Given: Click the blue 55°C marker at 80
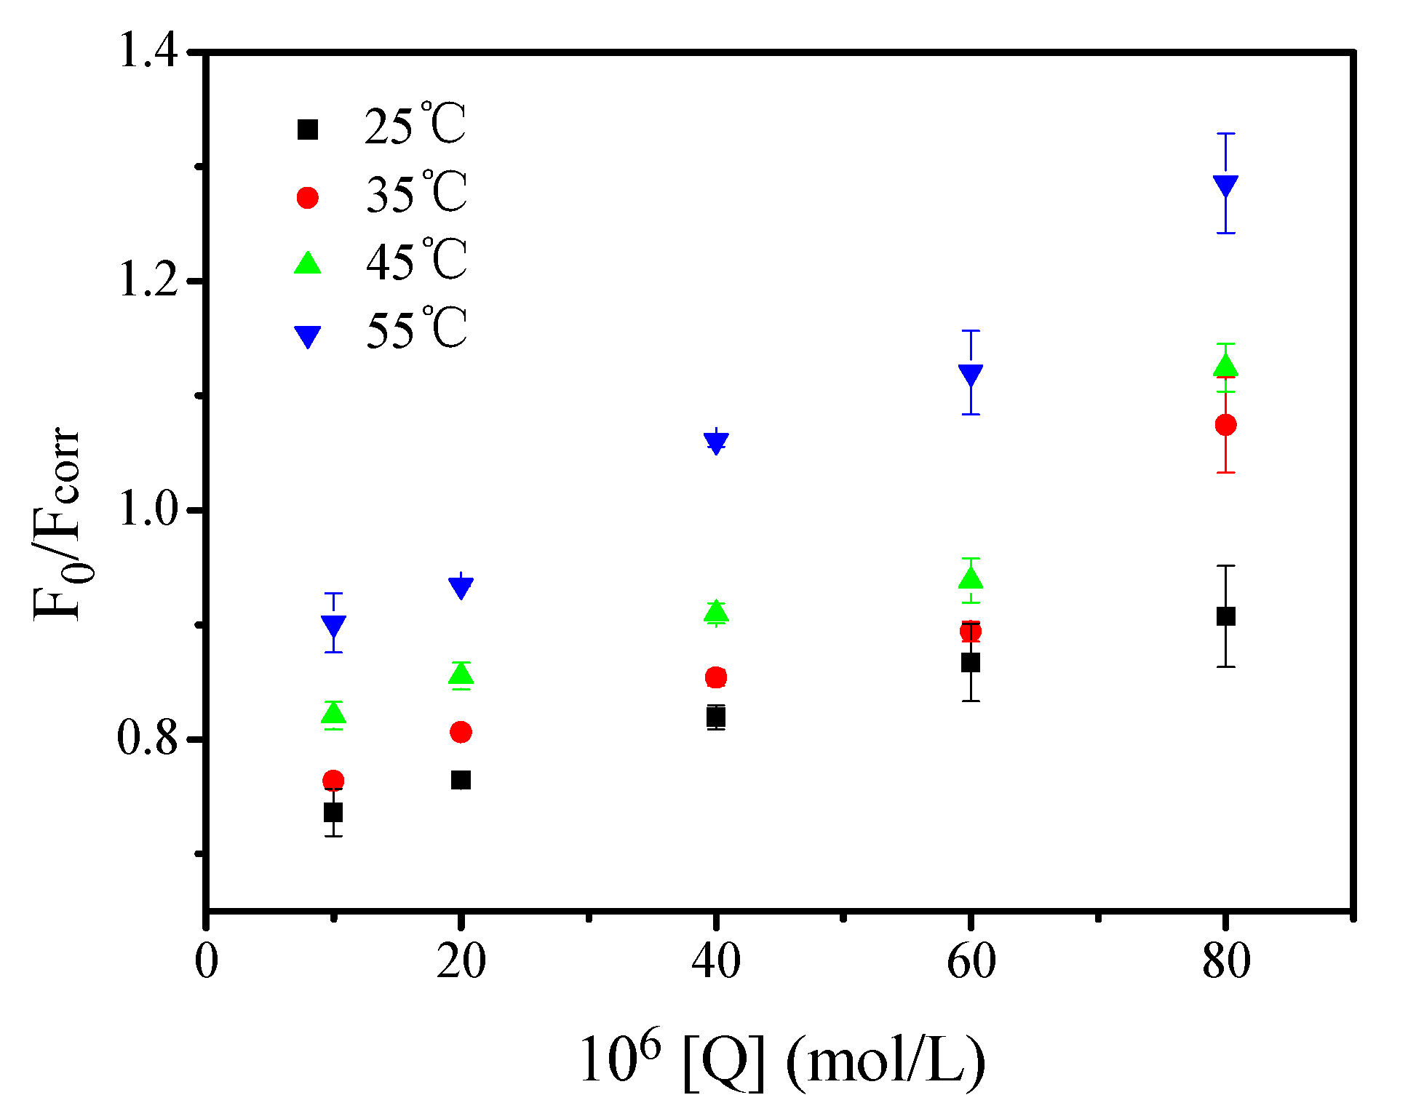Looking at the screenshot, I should [x=1225, y=186].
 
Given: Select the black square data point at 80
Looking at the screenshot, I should [x=1225, y=616].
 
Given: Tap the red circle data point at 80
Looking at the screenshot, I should [x=1225, y=425].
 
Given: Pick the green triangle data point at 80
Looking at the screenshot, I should [x=1225, y=366].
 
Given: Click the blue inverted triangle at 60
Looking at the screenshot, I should [x=971, y=375].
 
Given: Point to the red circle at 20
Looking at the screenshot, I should [x=461, y=732].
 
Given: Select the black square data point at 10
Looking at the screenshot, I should [x=333, y=812].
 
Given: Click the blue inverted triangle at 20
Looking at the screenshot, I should [x=461, y=586].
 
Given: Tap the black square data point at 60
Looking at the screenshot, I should [x=971, y=663].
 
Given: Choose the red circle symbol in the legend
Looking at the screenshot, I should [x=307, y=198].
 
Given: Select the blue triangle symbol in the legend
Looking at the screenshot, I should [x=307, y=336].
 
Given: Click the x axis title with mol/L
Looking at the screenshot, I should [x=782, y=1063].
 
